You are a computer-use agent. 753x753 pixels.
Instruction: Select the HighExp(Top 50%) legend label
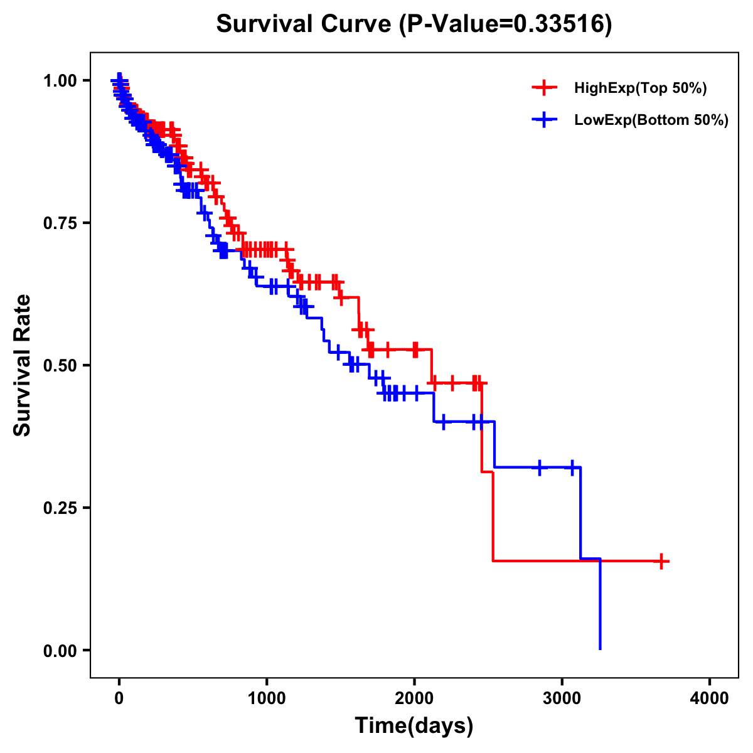[x=640, y=88]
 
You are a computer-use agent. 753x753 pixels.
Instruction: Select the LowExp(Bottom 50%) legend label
[x=651, y=120]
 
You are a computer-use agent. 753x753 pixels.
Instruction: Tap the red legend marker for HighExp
[x=544, y=88]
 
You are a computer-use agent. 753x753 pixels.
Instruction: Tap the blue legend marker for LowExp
[x=544, y=120]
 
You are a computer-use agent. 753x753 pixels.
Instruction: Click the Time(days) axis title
[x=414, y=726]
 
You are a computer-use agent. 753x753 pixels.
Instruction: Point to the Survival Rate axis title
[x=23, y=365]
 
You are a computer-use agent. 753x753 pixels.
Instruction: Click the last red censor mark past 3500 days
[x=661, y=561]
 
